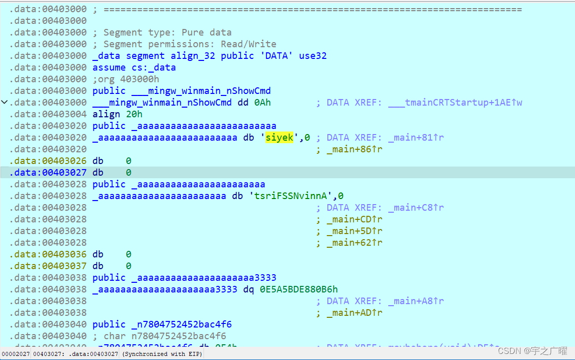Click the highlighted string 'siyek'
coord(280,138)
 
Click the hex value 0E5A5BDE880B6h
coord(299,289)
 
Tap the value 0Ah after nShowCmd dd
coord(263,103)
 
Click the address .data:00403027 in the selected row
coord(48,173)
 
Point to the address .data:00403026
coord(48,161)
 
